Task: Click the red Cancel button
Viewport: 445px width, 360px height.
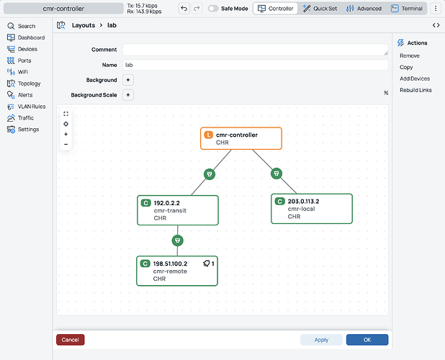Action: pos(70,340)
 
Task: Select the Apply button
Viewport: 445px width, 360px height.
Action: pos(321,340)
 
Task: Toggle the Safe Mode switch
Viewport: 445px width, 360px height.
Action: pos(213,9)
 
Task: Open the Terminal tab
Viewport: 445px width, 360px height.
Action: pos(407,9)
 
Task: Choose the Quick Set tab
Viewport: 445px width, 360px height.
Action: pos(320,9)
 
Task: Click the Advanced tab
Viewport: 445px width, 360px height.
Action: pos(364,9)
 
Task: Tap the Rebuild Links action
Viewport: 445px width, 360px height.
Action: pos(415,90)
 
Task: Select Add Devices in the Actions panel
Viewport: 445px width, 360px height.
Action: pos(415,78)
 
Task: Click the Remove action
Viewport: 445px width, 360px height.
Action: pos(410,55)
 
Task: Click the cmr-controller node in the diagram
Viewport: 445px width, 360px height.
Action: pos(241,138)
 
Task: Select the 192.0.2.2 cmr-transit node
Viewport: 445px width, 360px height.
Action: pos(178,210)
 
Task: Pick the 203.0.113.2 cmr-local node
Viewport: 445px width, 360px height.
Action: pos(312,209)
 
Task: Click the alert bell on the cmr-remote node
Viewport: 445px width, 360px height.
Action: pos(207,264)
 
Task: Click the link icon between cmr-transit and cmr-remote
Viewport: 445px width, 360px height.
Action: pos(178,240)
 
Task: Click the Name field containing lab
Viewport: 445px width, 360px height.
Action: pos(256,65)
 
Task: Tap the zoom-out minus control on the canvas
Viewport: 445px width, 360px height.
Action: pos(66,145)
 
